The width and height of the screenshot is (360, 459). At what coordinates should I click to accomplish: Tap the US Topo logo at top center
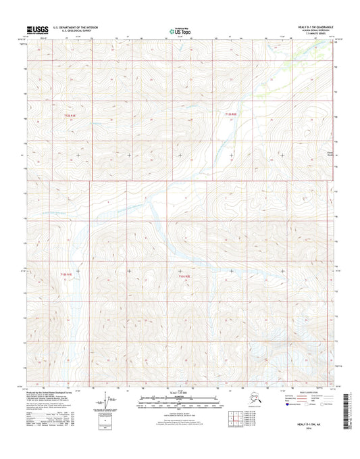point(180,30)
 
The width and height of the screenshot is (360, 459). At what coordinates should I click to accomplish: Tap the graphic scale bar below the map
point(180,402)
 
